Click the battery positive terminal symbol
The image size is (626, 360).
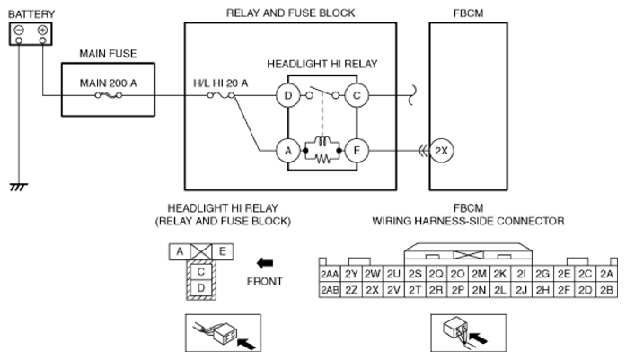[x=42, y=29]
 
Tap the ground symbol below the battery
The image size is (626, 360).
[x=15, y=187]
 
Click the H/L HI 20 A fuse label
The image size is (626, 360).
[x=220, y=83]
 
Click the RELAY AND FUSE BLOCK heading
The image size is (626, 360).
[x=289, y=12]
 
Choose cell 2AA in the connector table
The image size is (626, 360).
[x=330, y=272]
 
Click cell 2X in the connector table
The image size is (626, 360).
[x=372, y=289]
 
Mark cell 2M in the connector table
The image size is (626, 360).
[x=479, y=272]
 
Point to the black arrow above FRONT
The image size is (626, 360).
[x=265, y=264]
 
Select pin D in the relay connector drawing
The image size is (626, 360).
[x=202, y=286]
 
